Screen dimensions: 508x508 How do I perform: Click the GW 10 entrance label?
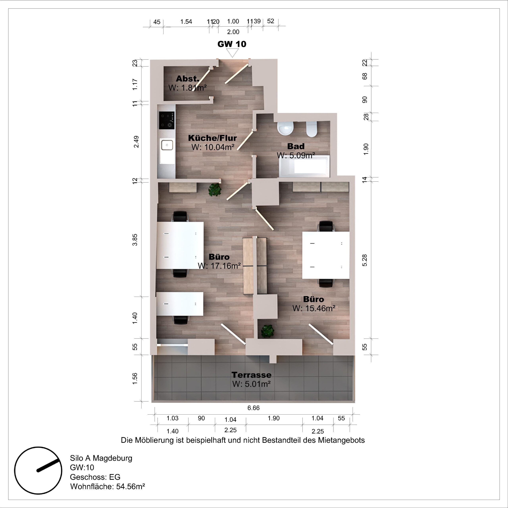pos(232,44)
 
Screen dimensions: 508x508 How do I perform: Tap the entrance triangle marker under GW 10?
pos(232,53)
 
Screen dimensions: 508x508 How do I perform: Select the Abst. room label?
pos(188,78)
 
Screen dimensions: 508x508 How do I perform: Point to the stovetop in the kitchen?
pos(167,120)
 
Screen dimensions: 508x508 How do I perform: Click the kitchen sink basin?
pos(167,145)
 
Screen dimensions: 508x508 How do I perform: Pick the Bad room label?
pos(296,146)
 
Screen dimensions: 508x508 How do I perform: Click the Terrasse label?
pos(251,375)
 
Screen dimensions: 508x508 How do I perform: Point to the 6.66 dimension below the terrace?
pos(253,408)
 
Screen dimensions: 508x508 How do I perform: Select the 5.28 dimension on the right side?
pos(365,260)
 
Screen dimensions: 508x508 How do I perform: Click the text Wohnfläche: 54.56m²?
pos(108,486)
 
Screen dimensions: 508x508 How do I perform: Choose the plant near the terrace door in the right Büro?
pos(268,331)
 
